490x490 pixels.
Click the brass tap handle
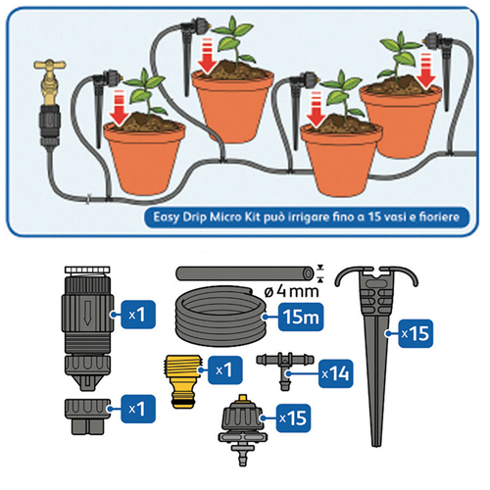click(x=50, y=65)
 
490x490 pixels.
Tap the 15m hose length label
click(x=301, y=317)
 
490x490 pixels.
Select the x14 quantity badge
click(x=335, y=373)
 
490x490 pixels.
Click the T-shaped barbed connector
click(x=284, y=367)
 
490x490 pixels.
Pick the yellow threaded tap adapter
click(x=181, y=381)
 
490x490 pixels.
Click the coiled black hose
click(x=220, y=315)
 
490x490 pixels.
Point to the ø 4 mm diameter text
click(x=291, y=291)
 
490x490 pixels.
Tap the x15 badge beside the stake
click(x=416, y=333)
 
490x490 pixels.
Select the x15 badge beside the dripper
click(x=293, y=418)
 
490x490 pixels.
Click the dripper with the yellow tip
click(x=242, y=429)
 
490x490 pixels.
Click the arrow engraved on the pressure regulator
click(x=87, y=313)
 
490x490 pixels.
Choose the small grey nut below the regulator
click(x=87, y=416)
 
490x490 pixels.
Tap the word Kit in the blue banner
click(x=252, y=217)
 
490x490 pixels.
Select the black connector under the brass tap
click(x=50, y=125)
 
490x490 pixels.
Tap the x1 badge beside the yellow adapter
click(x=225, y=370)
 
